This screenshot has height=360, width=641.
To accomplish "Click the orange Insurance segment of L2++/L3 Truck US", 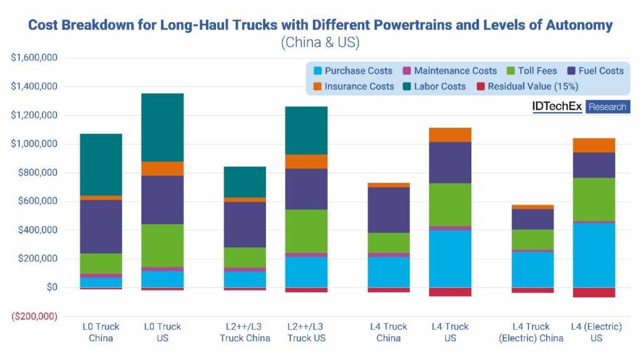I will coord(306,162).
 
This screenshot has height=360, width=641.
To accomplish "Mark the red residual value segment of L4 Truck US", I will coord(450,292).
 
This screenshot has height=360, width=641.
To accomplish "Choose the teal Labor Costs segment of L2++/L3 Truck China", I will coord(245,182).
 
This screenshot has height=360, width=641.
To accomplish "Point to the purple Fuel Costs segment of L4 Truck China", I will coord(389,210).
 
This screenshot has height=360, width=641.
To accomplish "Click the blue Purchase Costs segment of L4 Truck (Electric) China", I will coord(533,269).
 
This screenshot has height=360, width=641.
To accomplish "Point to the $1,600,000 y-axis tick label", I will coord(34,58).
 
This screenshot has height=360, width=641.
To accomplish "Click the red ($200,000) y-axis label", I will coord(34,316).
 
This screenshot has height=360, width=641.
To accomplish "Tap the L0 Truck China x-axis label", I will coord(101,332).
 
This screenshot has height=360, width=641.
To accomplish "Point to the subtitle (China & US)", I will coord(320,43).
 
